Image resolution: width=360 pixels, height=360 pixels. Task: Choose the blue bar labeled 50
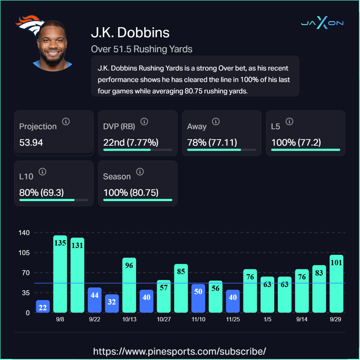point(198,298)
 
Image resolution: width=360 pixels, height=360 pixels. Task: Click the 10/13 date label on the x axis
point(129,320)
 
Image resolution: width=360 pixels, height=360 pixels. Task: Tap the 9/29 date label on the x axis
point(335,320)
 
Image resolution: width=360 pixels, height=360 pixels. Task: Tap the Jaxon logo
point(322,23)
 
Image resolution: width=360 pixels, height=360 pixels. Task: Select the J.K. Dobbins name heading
point(130,33)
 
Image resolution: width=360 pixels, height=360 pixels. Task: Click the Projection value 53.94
point(31,142)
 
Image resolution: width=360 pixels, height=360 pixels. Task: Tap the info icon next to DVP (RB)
point(144,121)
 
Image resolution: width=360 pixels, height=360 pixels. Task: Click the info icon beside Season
point(140,172)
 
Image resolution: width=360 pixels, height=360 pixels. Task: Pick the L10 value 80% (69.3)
point(42,193)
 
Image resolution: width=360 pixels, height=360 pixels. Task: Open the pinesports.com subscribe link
point(180,351)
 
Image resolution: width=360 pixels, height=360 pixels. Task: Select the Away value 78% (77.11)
point(212,142)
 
